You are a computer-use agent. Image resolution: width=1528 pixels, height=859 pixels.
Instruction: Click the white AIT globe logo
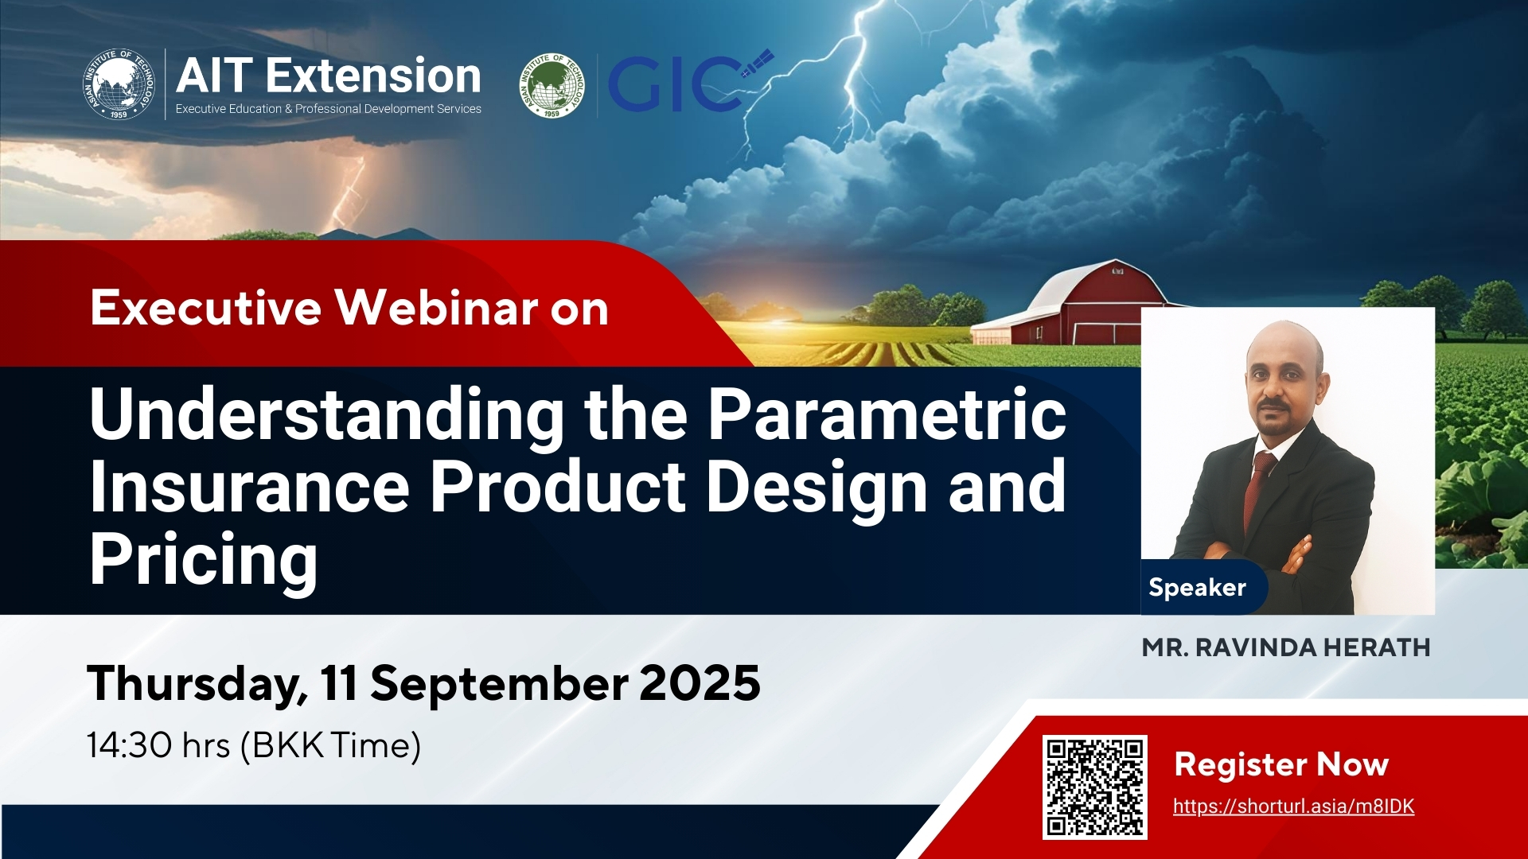(x=119, y=84)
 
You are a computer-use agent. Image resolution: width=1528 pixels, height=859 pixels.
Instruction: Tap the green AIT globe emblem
(x=552, y=85)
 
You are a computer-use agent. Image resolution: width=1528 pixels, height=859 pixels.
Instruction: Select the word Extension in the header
(x=373, y=76)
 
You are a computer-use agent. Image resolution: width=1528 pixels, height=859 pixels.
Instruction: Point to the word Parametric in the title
(x=887, y=415)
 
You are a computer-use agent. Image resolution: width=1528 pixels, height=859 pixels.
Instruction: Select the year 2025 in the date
(x=700, y=683)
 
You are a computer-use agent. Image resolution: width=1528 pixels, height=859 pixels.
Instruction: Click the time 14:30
(x=129, y=746)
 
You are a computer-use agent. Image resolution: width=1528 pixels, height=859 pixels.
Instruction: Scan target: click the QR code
(x=1095, y=787)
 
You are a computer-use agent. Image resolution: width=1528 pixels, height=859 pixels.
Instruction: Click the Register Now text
(x=1281, y=764)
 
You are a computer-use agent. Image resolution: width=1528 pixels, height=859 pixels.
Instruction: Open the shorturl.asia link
(x=1294, y=807)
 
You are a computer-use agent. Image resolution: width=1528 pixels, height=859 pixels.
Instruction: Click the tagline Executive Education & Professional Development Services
(x=329, y=109)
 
